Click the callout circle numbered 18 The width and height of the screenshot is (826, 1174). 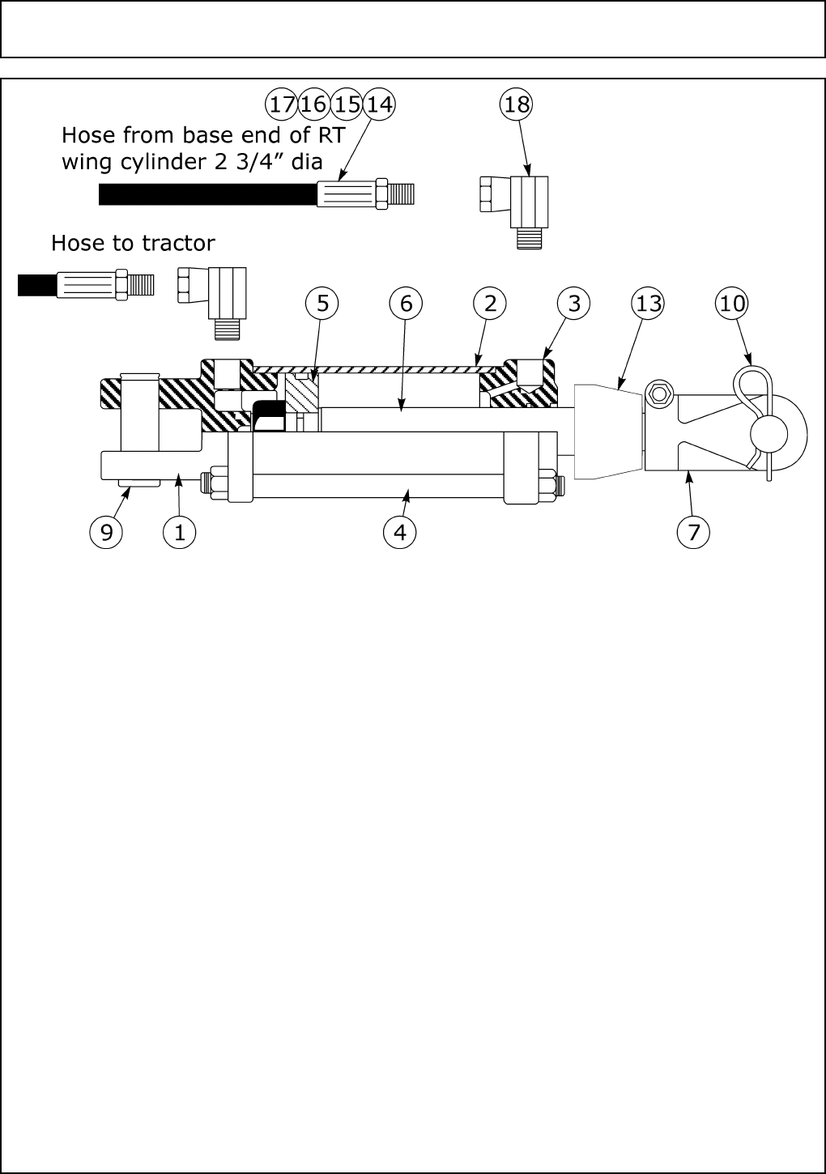click(517, 104)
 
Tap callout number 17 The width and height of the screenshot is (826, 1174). click(282, 104)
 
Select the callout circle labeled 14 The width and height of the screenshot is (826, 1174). click(378, 104)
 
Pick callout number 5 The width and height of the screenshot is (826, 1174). click(322, 304)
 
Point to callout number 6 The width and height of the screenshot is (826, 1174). click(406, 304)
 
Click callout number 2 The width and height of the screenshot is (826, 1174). click(490, 304)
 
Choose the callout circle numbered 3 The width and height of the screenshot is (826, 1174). click(574, 304)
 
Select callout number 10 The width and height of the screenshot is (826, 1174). click(732, 304)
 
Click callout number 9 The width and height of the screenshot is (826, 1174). click(105, 532)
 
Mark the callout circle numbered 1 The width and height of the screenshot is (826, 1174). click(179, 532)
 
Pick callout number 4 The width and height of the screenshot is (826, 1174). click(399, 532)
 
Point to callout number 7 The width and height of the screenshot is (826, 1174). click(694, 532)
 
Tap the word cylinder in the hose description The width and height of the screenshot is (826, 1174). click(180, 162)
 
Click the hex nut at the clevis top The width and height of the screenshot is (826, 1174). click(658, 394)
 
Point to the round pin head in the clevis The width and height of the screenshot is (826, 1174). click(769, 434)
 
